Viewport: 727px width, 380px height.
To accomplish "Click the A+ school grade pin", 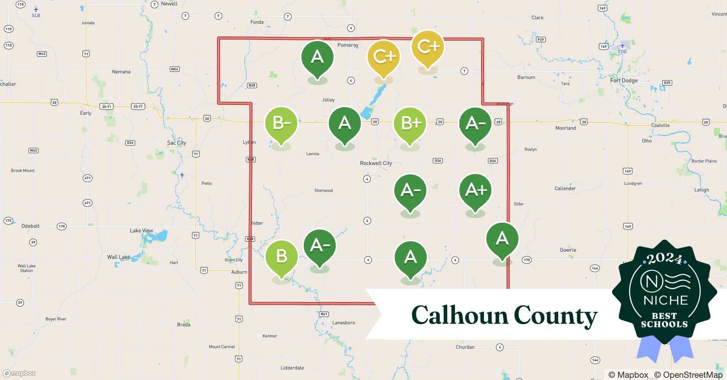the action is pos(475,190).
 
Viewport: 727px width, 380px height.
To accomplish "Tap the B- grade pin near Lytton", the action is pos(281,123).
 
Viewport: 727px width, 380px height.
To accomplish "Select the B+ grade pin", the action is pos(410,123).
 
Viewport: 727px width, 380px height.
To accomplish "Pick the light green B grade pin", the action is pos(281,256).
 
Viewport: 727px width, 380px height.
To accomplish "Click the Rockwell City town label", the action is pos(376,163).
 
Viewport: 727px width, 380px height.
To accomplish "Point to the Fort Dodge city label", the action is pos(623,81).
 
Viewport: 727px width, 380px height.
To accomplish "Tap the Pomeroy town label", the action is pos(348,45).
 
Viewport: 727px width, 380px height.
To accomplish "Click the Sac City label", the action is pos(177,143).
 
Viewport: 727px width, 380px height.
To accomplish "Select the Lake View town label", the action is pos(142,231).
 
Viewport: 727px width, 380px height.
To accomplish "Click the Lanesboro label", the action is pos(343,323).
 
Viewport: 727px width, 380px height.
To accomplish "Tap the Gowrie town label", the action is pos(568,250).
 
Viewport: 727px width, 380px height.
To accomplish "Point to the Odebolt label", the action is pos(30,226).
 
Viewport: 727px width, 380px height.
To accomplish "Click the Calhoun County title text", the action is pos(504,315).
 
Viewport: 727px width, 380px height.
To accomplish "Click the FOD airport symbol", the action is pos(622,46).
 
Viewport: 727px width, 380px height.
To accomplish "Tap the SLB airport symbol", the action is pos(36,10).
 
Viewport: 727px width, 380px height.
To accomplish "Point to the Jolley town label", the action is pos(328,100).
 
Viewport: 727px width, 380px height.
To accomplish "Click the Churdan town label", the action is pos(465,347).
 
